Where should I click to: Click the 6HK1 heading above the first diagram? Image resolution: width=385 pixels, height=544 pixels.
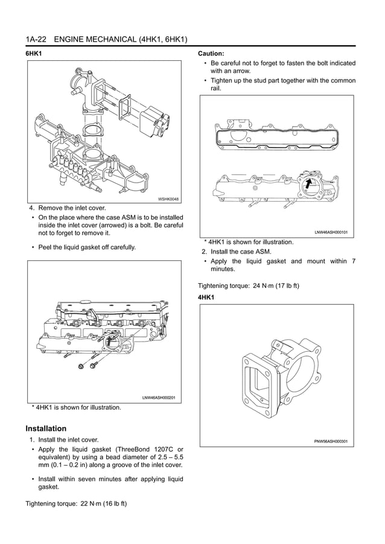coord(33,54)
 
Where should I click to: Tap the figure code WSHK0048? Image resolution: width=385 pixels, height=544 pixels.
coord(168,198)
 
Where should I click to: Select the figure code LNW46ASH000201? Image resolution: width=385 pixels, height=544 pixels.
coord(158,398)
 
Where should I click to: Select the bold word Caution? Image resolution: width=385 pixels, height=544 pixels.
coord(211,54)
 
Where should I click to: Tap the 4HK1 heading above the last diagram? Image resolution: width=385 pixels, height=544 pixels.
coord(207,298)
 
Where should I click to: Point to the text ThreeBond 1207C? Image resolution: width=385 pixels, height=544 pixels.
coord(146,449)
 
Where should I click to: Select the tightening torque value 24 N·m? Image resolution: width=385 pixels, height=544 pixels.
coord(262,285)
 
